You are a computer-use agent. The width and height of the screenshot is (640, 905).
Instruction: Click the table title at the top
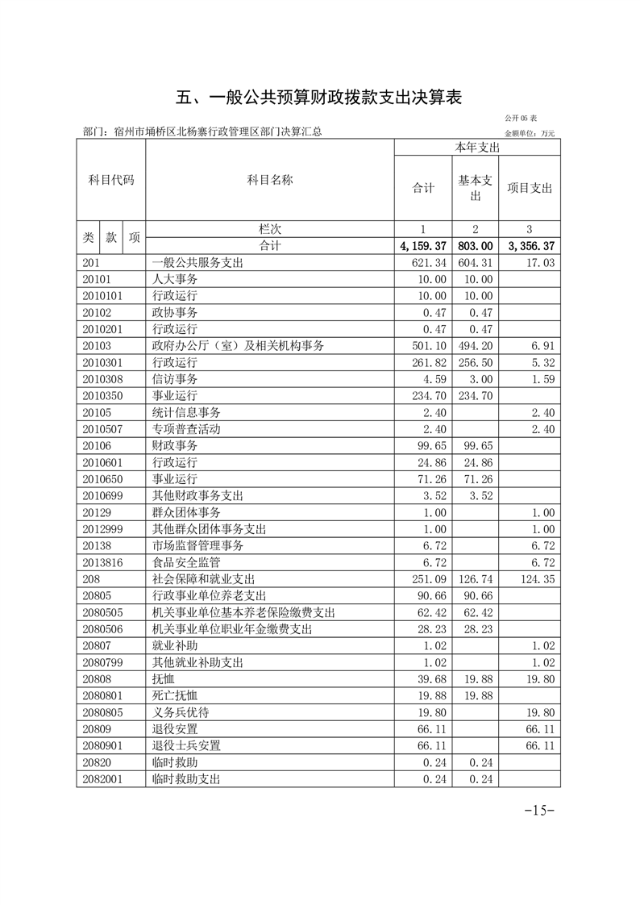319,98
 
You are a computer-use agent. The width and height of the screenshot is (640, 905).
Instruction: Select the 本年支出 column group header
477,148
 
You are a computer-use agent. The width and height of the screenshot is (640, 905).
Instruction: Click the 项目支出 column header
530,188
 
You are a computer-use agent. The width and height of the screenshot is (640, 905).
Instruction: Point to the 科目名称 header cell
269,180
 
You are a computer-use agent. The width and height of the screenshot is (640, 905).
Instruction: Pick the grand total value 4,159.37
422,246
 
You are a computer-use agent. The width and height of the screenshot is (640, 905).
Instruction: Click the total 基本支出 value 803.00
475,246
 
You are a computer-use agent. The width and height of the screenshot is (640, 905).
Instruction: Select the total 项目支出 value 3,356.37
530,246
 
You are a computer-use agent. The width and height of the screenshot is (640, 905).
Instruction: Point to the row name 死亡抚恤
175,695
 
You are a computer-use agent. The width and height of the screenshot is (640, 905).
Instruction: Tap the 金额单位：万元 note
530,133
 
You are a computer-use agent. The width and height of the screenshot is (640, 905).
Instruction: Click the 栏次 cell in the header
269,229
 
